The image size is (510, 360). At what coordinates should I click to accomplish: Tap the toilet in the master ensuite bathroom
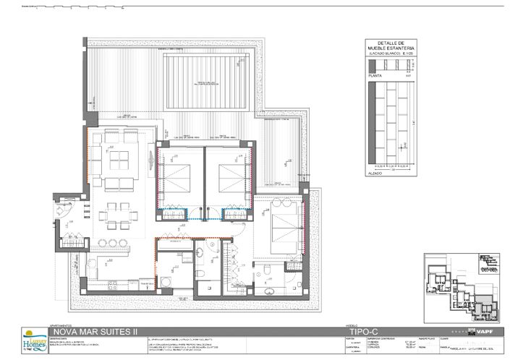(265, 270)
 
